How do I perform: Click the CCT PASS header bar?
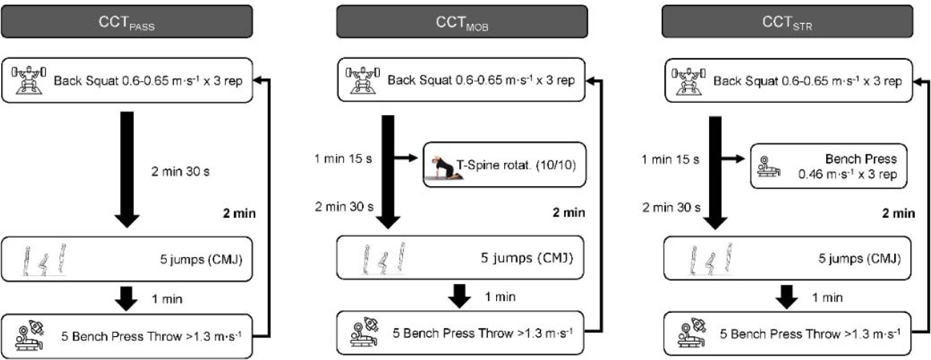click(x=127, y=22)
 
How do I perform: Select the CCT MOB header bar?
click(x=461, y=22)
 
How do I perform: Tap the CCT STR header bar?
click(x=787, y=22)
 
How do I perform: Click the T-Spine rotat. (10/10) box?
click(x=504, y=165)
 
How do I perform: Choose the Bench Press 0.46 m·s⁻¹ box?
click(x=828, y=166)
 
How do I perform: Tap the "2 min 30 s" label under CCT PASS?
click(x=180, y=172)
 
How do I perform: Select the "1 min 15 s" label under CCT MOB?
click(x=343, y=159)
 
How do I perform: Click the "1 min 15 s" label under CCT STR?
click(x=670, y=159)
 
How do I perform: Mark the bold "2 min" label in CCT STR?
click(x=898, y=213)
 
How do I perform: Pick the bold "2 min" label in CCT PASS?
click(x=239, y=213)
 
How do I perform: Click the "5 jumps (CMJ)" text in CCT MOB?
click(x=526, y=258)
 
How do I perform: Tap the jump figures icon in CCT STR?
click(x=711, y=258)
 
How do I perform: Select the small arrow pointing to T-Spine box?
click(x=406, y=158)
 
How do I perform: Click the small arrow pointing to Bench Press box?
click(x=733, y=159)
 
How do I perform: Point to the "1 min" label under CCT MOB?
click(x=500, y=297)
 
